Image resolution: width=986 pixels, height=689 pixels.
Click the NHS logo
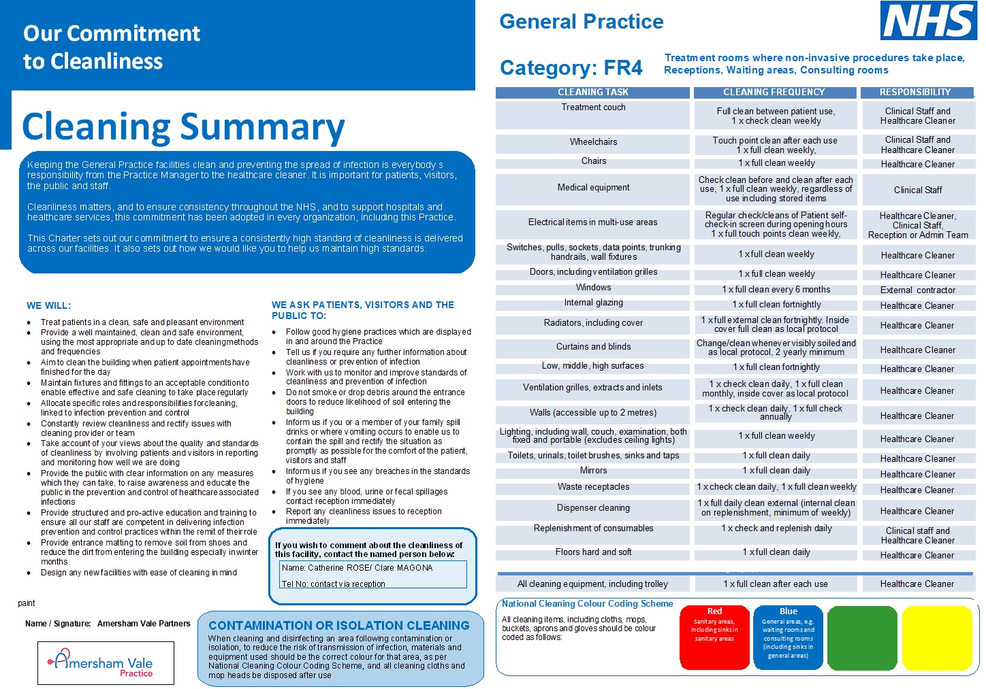[x=928, y=20]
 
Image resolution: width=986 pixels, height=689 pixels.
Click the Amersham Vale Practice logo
[x=106, y=662]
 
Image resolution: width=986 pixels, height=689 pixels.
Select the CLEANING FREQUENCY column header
[x=774, y=93]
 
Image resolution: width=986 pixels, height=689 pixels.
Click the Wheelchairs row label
[x=593, y=142]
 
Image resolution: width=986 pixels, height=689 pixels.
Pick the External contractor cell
[x=917, y=290]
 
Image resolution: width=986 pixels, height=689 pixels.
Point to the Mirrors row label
[x=593, y=471]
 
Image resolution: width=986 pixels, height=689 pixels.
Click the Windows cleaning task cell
[x=593, y=288]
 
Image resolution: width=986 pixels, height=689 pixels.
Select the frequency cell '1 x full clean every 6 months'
[x=776, y=290]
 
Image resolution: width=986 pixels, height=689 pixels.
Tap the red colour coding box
[x=714, y=638]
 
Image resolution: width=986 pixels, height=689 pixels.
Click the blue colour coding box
[x=789, y=638]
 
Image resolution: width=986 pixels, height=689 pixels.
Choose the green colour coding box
[x=861, y=638]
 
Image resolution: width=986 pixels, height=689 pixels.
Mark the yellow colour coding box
[x=936, y=638]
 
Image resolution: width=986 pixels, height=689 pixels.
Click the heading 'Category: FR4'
[x=571, y=68]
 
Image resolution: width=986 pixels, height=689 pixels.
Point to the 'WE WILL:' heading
[x=48, y=306]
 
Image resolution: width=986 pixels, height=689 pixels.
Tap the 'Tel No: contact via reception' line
[x=334, y=584]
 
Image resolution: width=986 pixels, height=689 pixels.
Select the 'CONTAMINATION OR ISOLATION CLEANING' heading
[x=339, y=626]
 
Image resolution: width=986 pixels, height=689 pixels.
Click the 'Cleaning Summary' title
[x=183, y=127]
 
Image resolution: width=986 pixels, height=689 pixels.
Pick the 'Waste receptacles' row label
[x=593, y=487]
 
